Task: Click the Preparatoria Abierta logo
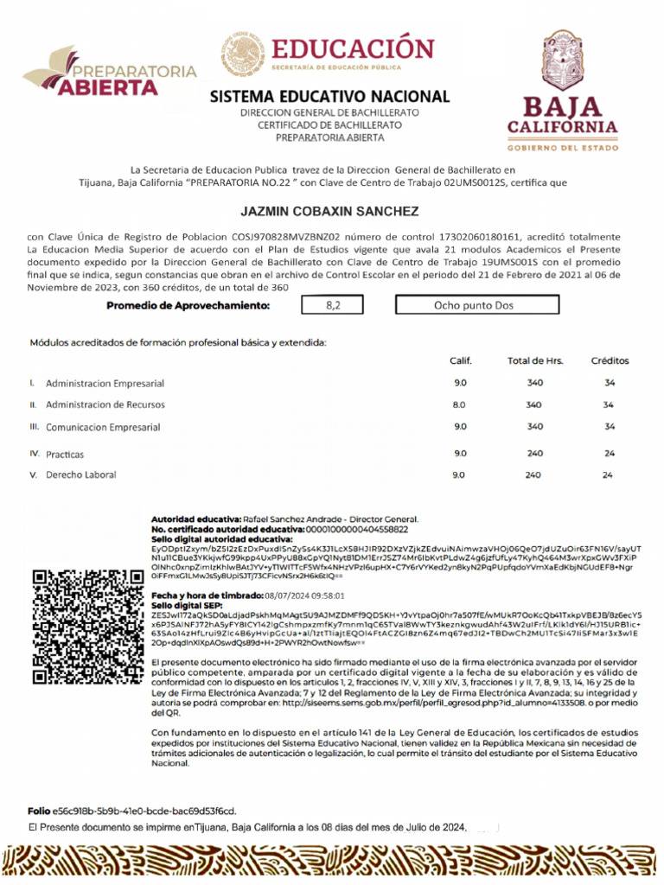(110, 73)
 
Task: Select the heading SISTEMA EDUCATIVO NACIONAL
(329, 96)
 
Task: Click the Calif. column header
(460, 360)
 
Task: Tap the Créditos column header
(610, 360)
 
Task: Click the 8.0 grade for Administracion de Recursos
(459, 404)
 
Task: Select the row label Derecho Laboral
(80, 474)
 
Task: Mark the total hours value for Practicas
(533, 453)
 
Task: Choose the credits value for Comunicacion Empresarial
(609, 426)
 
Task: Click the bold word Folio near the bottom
(39, 811)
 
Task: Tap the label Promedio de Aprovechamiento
(188, 306)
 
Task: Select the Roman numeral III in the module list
(35, 426)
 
